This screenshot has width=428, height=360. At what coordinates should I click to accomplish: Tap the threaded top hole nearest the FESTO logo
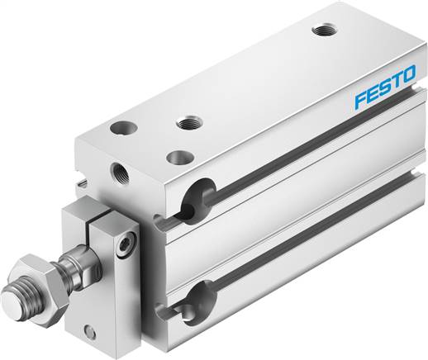321,31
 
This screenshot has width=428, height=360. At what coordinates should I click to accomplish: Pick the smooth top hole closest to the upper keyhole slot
175,154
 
